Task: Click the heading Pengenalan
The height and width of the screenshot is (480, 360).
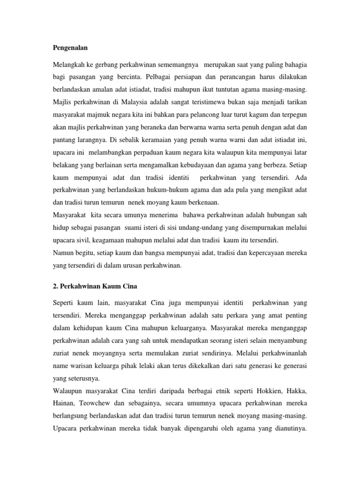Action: tap(69, 48)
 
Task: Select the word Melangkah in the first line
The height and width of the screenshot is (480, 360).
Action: tap(69, 63)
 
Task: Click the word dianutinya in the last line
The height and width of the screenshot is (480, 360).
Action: tap(286, 428)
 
